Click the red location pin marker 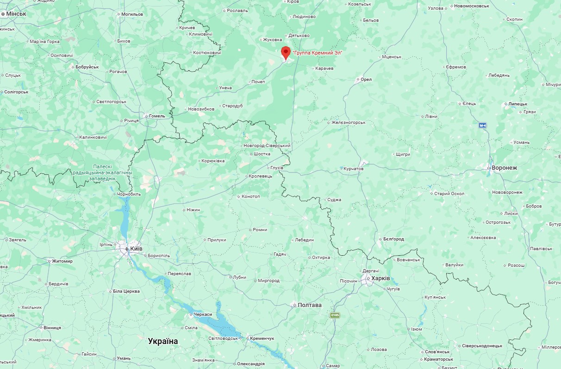pos(286,53)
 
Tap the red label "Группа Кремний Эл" pos(318,53)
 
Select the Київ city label pos(136,248)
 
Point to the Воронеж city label pos(504,168)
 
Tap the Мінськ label pos(16,14)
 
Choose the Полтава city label pos(309,305)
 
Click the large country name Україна pos(163,341)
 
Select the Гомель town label pos(157,116)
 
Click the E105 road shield pos(335,315)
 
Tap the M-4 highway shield pos(483,125)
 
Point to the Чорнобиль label pos(129,194)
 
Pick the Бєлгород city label pos(393,239)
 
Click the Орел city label pos(366,80)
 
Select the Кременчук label pos(262,338)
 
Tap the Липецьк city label pos(517,104)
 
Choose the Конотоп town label pos(251,197)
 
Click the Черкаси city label pos(203,314)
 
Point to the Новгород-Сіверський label pos(267,146)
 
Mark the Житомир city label pos(62,261)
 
